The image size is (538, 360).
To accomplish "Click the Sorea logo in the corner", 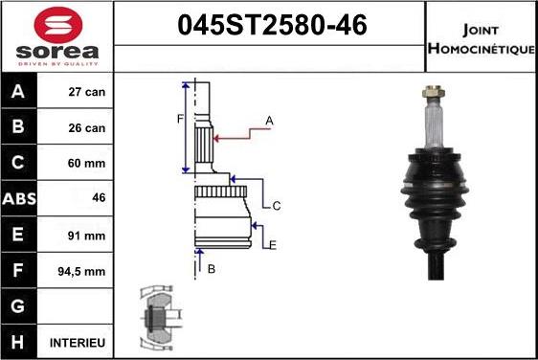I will pos(56,35).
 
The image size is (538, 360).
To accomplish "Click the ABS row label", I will pos(20,198).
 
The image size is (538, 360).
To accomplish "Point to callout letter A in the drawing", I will pos(270,120).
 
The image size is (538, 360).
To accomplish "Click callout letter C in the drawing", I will pos(277,206).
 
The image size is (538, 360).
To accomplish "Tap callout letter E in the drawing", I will pos(273,245).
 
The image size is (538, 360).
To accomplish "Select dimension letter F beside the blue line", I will pos(179,119).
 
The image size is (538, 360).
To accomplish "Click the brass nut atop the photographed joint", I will pos(433,94).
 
